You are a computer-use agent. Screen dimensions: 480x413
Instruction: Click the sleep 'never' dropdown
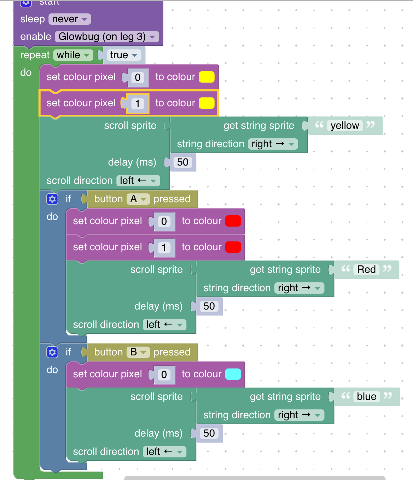point(70,19)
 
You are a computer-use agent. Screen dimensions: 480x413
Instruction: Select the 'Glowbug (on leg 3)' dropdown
point(107,37)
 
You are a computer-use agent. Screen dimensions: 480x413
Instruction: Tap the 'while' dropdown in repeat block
point(73,55)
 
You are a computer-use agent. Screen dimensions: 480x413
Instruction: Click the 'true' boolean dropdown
point(123,55)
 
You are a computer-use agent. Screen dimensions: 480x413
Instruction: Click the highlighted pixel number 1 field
point(138,103)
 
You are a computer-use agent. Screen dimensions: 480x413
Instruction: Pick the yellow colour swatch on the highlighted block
point(206,103)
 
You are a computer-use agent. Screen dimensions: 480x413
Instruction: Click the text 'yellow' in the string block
point(344,126)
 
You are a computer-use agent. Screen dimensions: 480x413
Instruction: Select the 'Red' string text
point(366,270)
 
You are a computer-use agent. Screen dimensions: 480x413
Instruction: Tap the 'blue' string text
point(366,397)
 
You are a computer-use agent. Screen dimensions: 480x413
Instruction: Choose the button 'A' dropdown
point(138,199)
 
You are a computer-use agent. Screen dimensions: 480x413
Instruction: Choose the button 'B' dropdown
point(138,352)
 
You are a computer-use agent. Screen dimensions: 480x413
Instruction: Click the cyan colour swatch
point(233,374)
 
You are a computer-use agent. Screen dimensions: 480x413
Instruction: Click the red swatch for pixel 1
point(233,247)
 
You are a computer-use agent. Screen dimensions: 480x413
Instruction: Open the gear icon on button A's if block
point(52,199)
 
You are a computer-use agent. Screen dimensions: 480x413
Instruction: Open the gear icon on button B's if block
point(52,352)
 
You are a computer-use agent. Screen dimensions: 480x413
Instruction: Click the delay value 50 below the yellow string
point(182,162)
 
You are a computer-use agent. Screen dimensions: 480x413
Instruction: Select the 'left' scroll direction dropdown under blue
point(164,452)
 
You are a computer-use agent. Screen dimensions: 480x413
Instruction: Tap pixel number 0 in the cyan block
point(164,374)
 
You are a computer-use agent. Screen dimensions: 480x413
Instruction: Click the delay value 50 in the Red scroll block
point(209,306)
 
